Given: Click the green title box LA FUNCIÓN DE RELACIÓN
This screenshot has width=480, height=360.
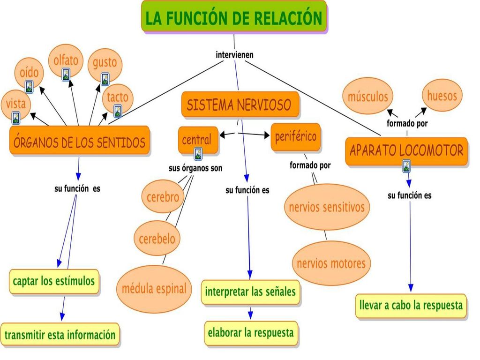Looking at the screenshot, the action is click(x=234, y=17).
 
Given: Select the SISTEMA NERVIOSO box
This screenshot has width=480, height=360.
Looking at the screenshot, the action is click(x=240, y=105).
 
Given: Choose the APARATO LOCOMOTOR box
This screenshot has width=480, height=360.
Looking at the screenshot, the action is click(x=406, y=151).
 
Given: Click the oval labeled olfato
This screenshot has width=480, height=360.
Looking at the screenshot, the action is click(x=66, y=60).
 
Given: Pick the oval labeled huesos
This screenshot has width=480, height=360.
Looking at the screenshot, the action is click(x=442, y=96).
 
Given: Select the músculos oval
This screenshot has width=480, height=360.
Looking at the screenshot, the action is click(x=367, y=96).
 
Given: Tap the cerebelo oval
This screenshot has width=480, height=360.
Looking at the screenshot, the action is click(x=157, y=238).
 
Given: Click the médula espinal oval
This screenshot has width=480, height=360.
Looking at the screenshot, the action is click(x=154, y=289).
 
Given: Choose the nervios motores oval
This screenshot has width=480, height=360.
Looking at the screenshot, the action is click(x=331, y=263).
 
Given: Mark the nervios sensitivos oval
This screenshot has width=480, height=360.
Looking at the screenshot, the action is click(x=327, y=207).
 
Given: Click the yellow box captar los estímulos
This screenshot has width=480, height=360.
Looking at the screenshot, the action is click(x=54, y=281).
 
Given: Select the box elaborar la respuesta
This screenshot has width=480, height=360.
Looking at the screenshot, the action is click(x=251, y=333).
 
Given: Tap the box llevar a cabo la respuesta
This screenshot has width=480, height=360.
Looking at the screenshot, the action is click(x=411, y=306).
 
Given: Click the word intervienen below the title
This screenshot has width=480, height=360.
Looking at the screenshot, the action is click(x=234, y=55).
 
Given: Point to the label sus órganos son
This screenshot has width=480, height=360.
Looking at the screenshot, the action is click(x=195, y=168).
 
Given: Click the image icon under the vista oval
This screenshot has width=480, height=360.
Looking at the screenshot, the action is click(x=16, y=118).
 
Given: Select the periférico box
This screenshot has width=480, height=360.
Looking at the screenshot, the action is click(x=296, y=137).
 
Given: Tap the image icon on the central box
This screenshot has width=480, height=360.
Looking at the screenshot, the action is click(x=198, y=154).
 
